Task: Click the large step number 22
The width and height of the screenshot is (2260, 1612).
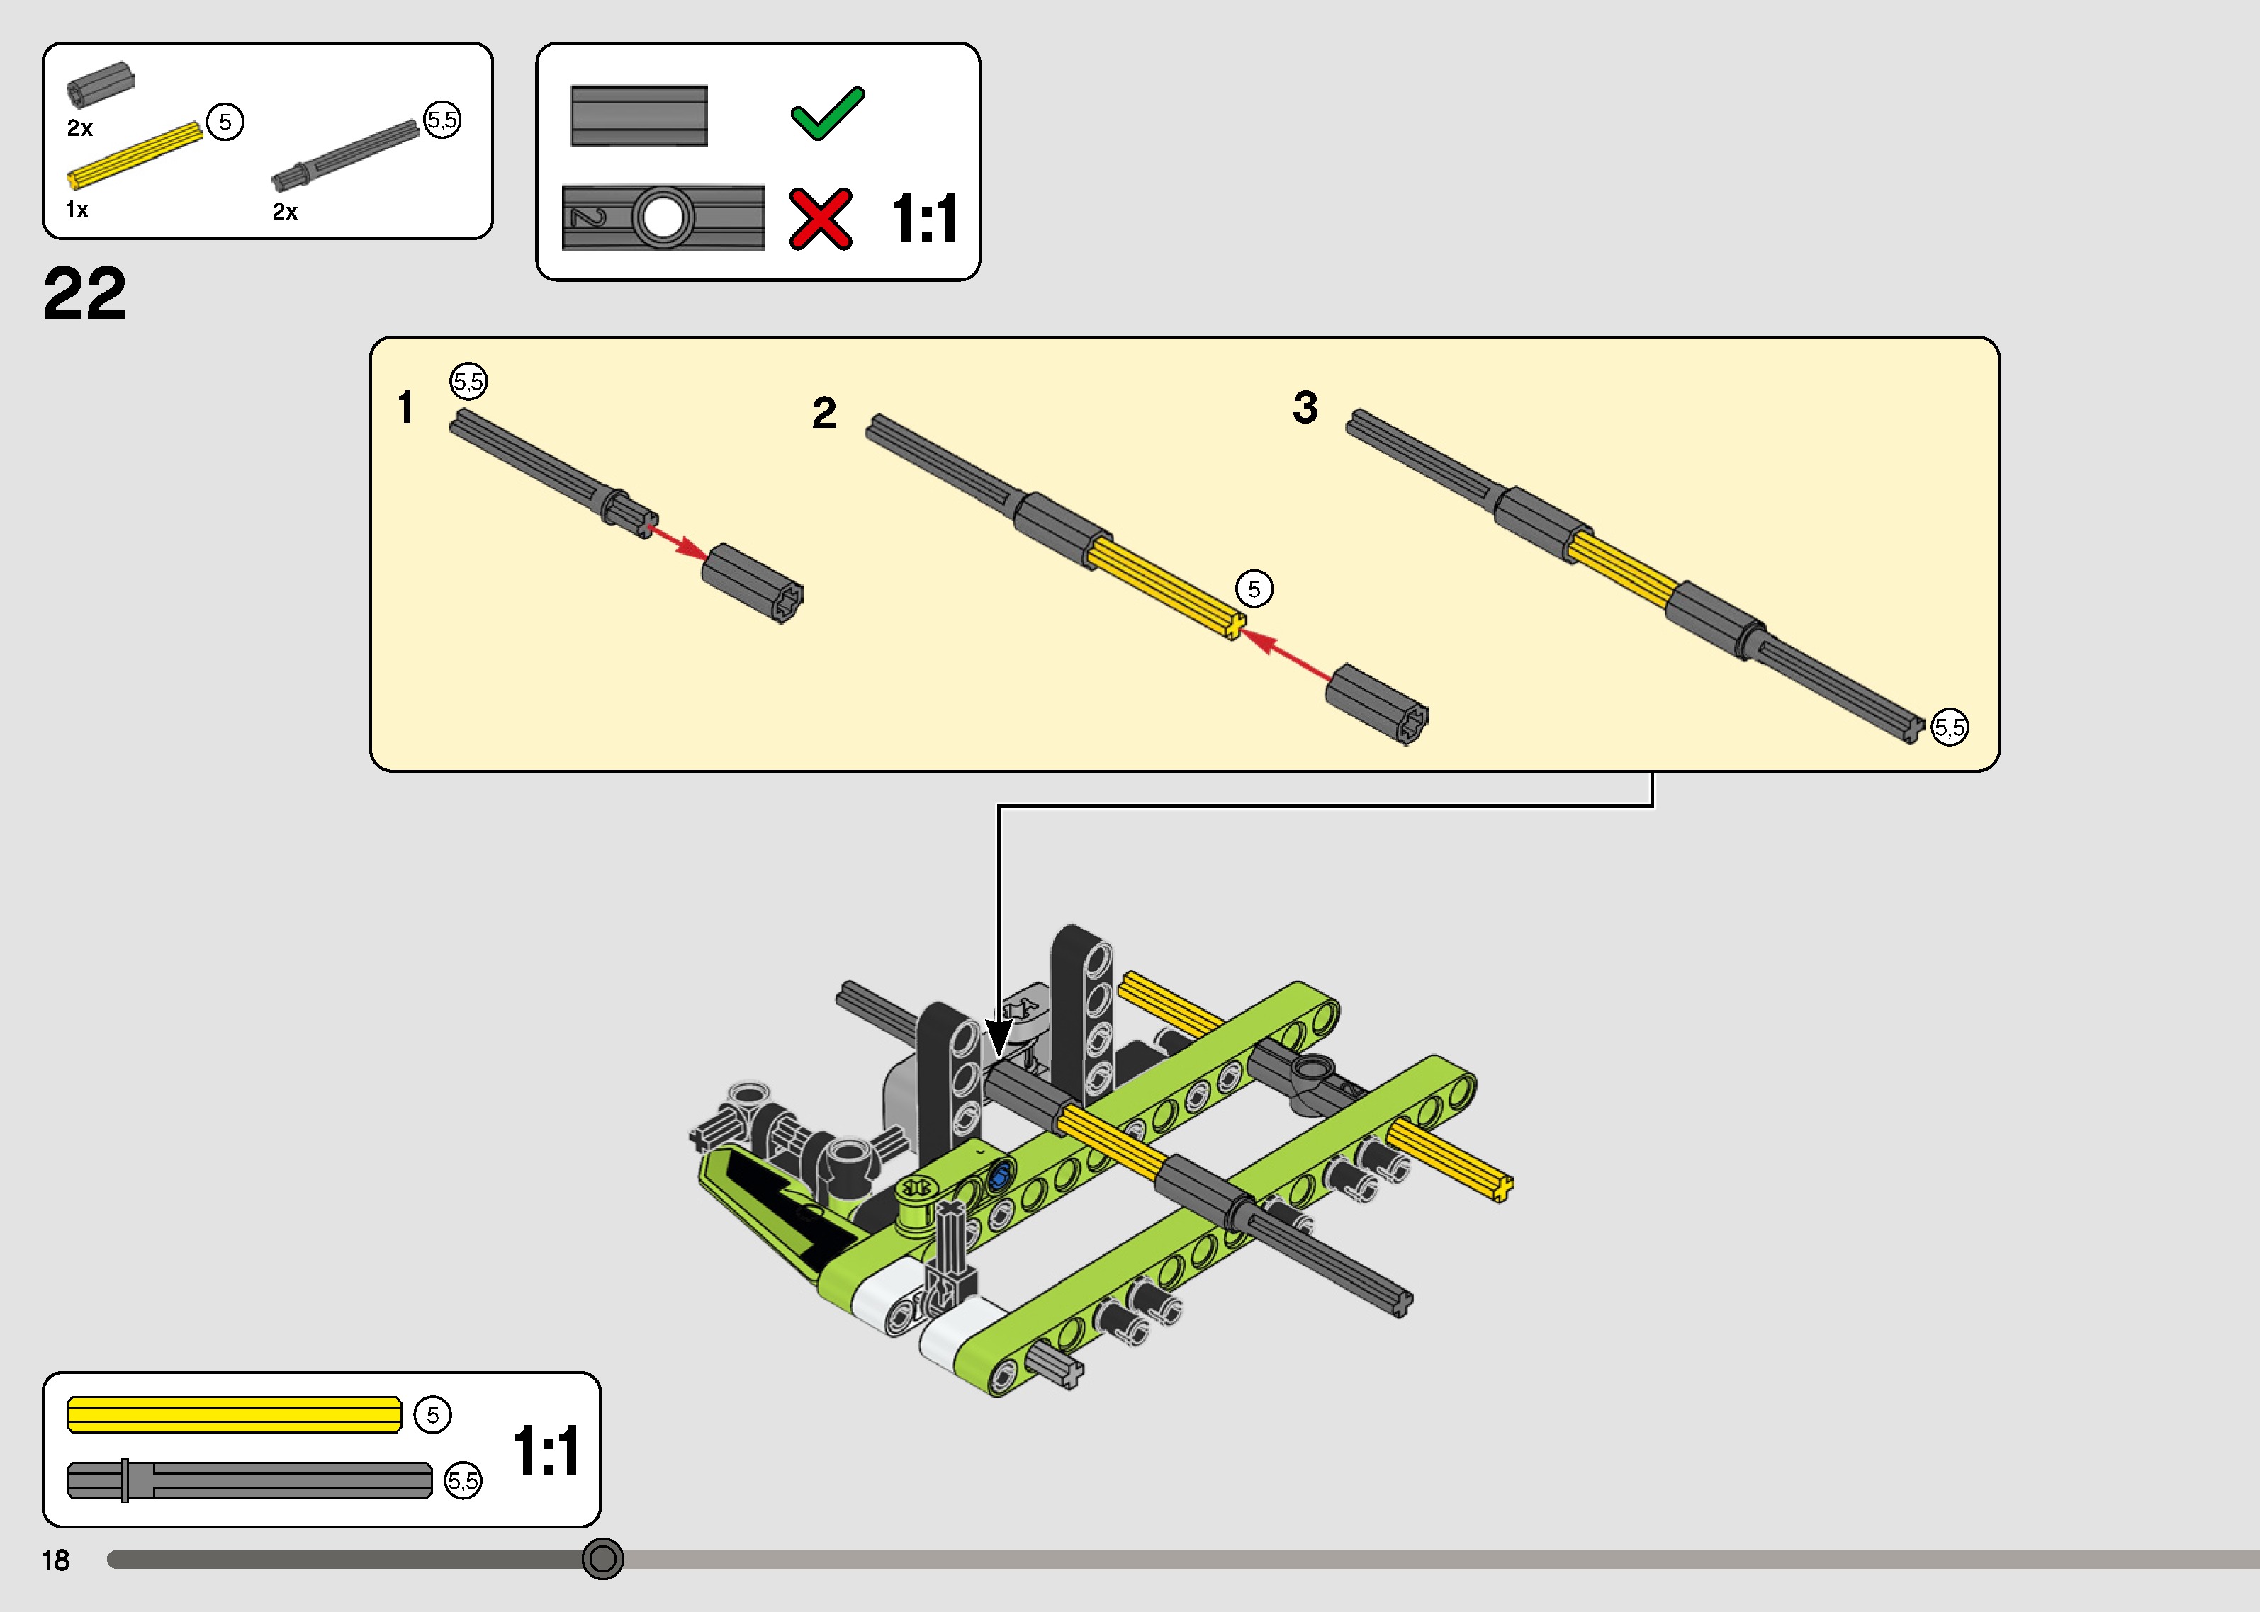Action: point(84,294)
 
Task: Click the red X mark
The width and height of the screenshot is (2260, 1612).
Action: point(820,218)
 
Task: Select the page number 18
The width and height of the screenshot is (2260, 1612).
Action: point(55,1560)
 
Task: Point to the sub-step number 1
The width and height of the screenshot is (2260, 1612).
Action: point(405,407)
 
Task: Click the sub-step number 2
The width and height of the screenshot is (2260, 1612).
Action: point(824,413)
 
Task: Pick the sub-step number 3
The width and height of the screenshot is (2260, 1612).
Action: point(1306,407)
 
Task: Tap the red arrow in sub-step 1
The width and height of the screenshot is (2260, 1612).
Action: point(678,542)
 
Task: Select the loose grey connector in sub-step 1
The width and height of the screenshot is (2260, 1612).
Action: point(753,583)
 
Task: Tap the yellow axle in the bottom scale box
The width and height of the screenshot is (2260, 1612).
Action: point(235,1414)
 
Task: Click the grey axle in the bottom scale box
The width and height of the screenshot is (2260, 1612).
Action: point(249,1480)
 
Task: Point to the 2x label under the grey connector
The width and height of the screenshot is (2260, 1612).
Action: point(80,128)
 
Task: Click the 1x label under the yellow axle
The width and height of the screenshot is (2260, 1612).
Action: point(77,210)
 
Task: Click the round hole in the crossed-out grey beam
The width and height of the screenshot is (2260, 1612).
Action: point(663,217)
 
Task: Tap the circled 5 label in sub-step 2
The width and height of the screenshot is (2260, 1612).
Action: point(1254,589)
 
